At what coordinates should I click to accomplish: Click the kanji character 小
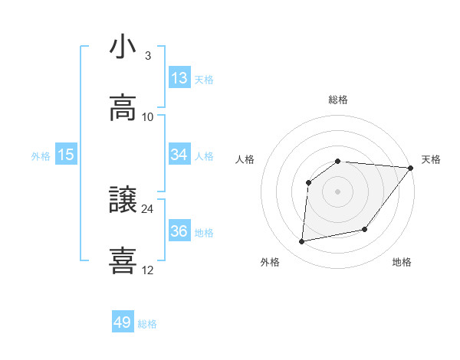(123, 47)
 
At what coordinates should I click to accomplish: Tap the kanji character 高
(123, 108)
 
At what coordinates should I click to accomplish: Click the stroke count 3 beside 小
(147, 56)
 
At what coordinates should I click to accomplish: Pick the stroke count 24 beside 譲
(147, 209)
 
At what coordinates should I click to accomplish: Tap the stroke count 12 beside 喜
(147, 270)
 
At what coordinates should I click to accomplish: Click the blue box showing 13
(179, 78)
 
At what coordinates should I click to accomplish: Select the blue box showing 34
(179, 155)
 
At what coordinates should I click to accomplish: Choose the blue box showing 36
(179, 231)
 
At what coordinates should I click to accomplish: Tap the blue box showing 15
(66, 155)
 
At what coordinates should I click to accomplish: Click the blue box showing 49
(123, 322)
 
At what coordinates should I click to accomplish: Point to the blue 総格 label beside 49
(147, 324)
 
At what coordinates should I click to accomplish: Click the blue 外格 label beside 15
(41, 156)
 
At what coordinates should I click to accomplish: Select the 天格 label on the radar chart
(432, 159)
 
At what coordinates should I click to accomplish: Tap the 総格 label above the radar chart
(338, 100)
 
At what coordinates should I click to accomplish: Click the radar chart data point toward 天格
(411, 168)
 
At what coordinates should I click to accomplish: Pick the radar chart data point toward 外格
(302, 242)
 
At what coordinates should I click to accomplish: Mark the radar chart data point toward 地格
(365, 229)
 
